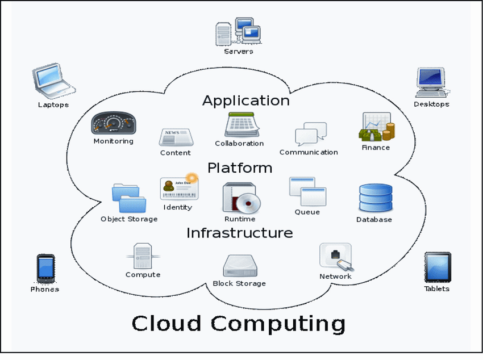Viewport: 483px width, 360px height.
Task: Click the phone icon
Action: tap(45, 268)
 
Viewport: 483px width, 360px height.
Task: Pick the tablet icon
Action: tap(437, 267)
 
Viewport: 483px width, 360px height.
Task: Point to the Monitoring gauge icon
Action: tap(114, 123)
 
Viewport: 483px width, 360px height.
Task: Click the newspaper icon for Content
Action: tap(175, 138)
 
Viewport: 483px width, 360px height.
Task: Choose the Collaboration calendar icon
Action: tap(241, 124)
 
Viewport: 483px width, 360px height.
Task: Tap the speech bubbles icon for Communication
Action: tap(310, 135)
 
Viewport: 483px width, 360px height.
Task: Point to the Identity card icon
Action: tap(178, 188)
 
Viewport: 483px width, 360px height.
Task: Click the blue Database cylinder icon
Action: tap(375, 198)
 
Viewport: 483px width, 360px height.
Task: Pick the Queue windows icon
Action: tap(307, 192)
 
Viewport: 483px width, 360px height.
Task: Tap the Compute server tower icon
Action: tap(143, 256)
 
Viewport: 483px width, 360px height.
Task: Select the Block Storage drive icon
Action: tap(239, 265)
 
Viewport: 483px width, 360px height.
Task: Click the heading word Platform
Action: tap(240, 168)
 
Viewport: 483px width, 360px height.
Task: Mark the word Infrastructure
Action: tap(240, 233)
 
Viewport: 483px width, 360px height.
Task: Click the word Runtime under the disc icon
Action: tap(240, 219)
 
